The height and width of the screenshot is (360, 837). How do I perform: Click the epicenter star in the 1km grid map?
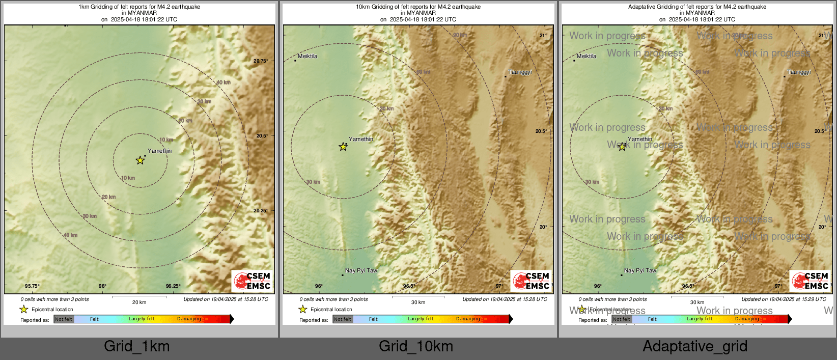click(140, 160)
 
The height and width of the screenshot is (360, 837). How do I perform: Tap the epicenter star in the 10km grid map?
click(343, 147)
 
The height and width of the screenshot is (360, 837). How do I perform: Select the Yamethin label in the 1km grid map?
click(159, 151)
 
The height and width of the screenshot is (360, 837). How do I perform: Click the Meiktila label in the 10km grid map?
click(308, 56)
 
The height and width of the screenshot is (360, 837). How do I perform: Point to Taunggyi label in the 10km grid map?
click(520, 72)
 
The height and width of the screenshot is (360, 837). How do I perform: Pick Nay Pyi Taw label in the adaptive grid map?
click(640, 271)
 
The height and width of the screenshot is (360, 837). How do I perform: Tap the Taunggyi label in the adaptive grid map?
click(799, 72)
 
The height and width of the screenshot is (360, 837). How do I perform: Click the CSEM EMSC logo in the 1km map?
click(252, 281)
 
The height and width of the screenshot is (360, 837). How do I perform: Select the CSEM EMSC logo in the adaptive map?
click(810, 281)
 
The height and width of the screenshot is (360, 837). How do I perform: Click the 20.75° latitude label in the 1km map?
click(261, 61)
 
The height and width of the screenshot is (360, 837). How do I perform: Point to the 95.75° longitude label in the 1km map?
click(32, 286)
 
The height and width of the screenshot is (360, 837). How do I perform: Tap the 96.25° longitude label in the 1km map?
click(173, 286)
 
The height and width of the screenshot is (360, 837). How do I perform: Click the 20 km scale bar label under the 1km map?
click(139, 302)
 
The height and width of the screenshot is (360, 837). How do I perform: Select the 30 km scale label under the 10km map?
click(418, 302)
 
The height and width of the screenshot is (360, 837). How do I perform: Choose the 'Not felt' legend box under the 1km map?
click(64, 319)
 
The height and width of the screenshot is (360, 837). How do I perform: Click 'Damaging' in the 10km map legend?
click(468, 319)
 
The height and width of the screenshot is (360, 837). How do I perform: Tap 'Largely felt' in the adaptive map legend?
click(700, 319)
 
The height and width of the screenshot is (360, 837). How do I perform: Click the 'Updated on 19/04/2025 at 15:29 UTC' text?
click(784, 299)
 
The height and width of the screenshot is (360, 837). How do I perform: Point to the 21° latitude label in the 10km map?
click(543, 36)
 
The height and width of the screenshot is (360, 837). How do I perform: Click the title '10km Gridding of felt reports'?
click(418, 7)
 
